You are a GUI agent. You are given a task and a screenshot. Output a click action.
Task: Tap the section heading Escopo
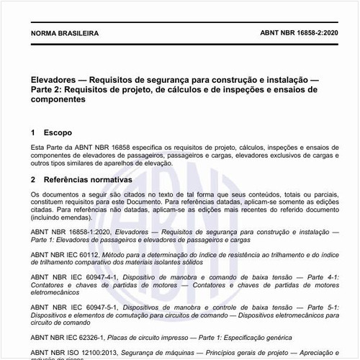[58, 133]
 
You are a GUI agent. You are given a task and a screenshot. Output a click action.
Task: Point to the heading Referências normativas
[87, 179]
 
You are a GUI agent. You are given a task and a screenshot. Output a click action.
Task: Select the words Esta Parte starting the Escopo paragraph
[47, 148]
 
